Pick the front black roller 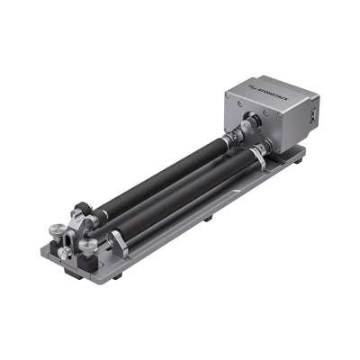point(180,193)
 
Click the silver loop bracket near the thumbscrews point(116,239)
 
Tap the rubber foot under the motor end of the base point(300,165)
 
